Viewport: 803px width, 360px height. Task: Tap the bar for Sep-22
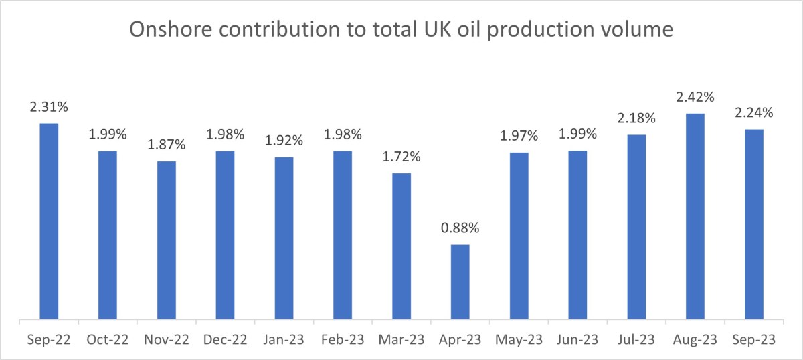49,221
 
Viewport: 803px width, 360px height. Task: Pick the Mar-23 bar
401,246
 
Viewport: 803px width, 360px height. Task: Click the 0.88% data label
460,228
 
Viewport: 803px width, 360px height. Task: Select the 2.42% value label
695,98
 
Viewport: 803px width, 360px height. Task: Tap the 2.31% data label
49,107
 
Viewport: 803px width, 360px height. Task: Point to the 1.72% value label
401,157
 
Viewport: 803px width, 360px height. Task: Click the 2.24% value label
754,113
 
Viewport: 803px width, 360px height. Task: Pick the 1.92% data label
284,141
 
